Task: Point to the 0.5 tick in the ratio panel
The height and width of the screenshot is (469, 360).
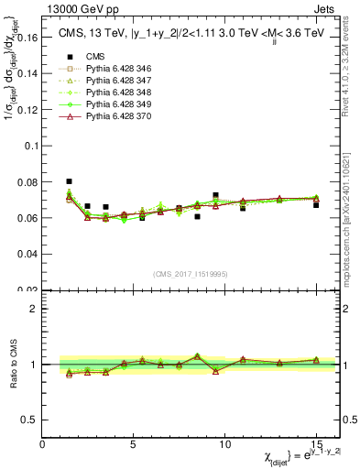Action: pyautogui.click(x=30, y=420)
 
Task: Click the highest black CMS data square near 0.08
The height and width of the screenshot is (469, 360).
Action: pyautogui.click(x=69, y=181)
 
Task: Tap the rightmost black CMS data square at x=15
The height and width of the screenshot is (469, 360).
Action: pyautogui.click(x=316, y=205)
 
